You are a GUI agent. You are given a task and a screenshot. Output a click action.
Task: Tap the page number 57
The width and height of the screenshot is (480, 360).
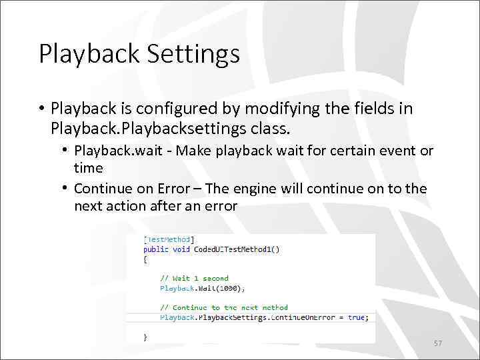[438, 343]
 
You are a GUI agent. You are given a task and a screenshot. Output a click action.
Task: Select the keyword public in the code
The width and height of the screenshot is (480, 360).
[156, 249]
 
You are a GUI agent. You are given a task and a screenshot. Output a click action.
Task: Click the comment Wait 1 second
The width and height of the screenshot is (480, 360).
[194, 279]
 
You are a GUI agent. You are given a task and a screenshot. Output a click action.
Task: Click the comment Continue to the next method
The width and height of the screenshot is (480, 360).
[224, 308]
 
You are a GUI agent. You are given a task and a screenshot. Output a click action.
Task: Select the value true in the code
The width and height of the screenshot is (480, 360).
[356, 318]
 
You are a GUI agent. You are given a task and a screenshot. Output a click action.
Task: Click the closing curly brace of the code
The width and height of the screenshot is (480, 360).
[145, 337]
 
